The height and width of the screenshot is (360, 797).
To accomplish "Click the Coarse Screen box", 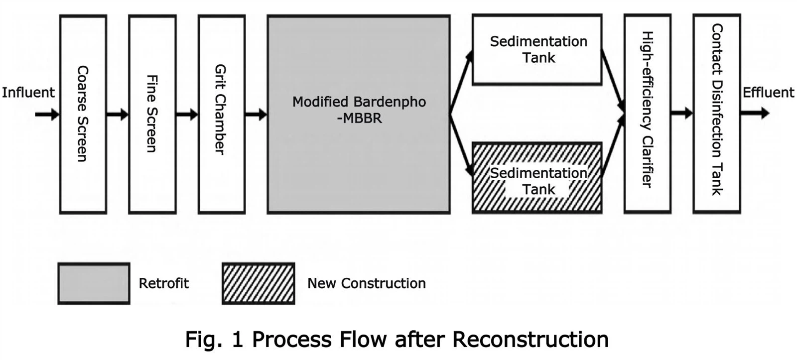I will click(83, 114).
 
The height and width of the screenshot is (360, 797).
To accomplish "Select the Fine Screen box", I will click(152, 114).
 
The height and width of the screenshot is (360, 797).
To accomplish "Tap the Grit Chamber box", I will click(221, 114).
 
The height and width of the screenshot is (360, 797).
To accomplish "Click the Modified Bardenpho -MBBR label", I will click(359, 110).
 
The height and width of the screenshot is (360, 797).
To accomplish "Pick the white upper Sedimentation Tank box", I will click(537, 49).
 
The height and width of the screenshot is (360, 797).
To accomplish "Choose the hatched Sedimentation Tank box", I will click(537, 178).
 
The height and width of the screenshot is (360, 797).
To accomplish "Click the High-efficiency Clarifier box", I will click(647, 114).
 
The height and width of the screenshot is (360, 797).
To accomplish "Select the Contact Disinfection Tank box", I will click(716, 114).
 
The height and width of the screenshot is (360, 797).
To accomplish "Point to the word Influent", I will click(28, 93).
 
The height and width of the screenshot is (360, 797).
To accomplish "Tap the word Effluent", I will click(768, 93).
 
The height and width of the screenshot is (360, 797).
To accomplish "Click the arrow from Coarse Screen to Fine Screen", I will click(118, 115).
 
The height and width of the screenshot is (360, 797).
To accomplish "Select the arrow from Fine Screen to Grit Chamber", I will click(187, 115).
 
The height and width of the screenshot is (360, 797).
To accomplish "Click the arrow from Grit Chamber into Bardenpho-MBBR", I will click(256, 115).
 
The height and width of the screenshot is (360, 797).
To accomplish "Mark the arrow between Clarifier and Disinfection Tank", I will click(681, 114).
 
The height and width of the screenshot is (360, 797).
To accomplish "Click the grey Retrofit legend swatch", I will click(94, 283).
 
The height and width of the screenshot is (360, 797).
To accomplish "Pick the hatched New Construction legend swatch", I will click(258, 283).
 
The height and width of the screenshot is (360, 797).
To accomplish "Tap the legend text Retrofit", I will click(163, 283).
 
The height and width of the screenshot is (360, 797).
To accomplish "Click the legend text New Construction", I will click(366, 283).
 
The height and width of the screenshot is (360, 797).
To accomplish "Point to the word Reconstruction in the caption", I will click(530, 340).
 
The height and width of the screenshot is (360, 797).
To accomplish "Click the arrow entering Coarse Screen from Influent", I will click(47, 115).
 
